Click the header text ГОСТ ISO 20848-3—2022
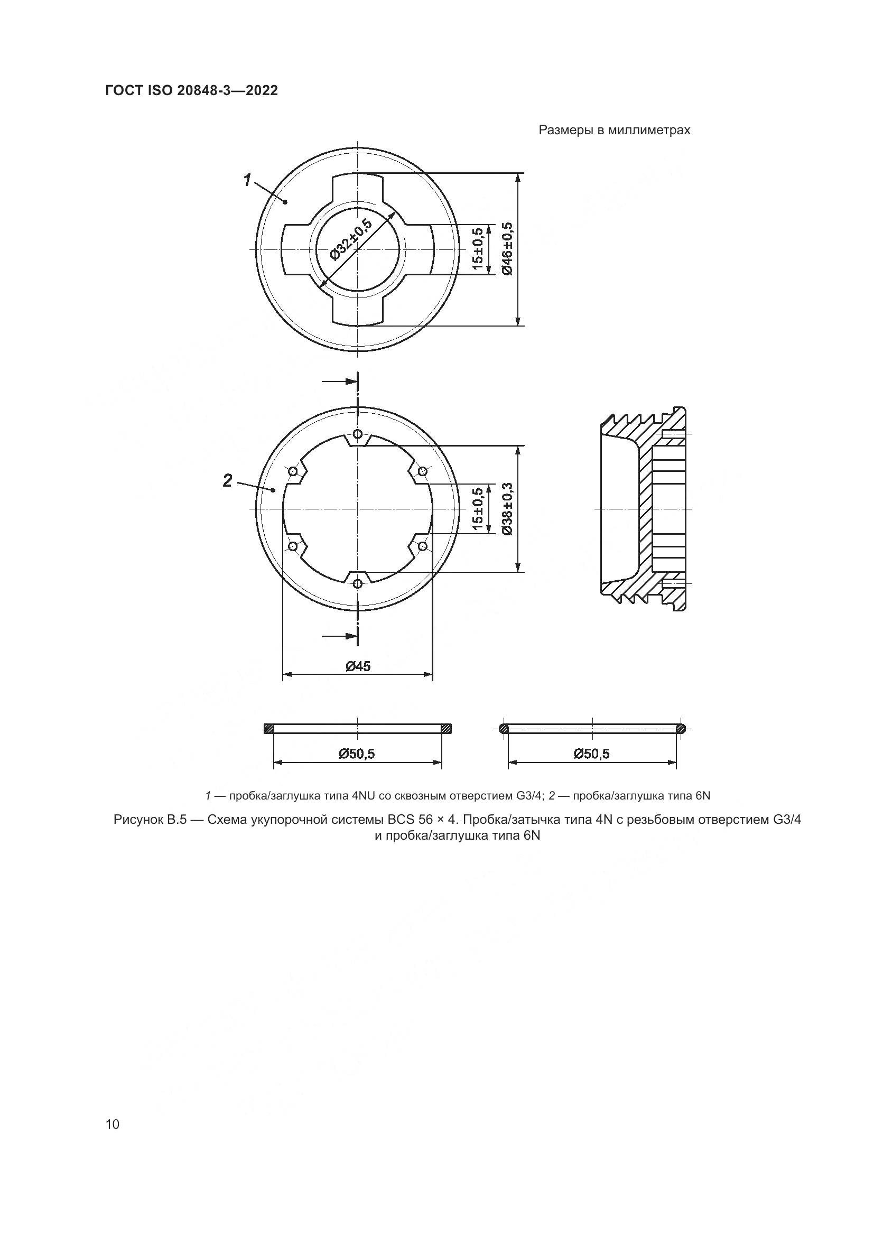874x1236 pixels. click(x=191, y=91)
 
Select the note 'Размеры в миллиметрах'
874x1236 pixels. click(x=614, y=131)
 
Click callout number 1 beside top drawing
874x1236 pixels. click(x=247, y=179)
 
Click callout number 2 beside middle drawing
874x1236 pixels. click(x=228, y=480)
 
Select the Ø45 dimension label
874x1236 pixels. click(x=358, y=666)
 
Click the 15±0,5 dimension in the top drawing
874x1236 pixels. click(x=477, y=249)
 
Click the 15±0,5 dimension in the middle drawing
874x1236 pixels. click(x=477, y=509)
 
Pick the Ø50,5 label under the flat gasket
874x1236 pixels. click(x=357, y=754)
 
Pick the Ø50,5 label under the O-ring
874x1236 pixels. click(x=592, y=754)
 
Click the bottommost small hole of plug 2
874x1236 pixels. click(x=358, y=583)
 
